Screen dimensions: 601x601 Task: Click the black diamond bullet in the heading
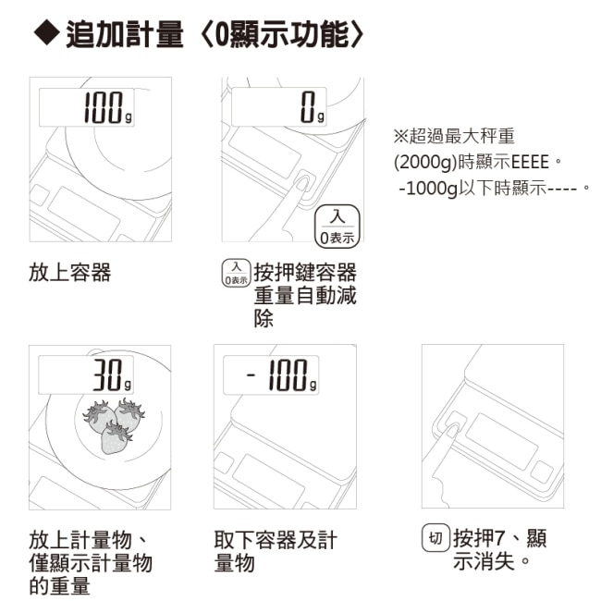pos(47,33)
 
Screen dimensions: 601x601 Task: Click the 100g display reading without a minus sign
pos(107,108)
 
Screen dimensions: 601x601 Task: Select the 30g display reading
pos(112,375)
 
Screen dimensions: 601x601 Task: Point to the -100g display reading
pos(282,375)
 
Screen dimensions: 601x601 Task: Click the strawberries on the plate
pos(114,426)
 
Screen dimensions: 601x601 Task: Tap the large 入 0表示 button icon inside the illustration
pos(337,227)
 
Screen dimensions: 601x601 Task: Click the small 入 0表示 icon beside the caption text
pos(236,273)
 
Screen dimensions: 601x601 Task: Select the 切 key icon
pos(435,538)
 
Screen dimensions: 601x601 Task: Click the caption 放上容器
pos(69,273)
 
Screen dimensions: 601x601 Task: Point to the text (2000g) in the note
pos(425,162)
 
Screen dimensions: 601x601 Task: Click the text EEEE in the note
pos(530,162)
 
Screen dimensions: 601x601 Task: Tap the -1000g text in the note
pos(428,189)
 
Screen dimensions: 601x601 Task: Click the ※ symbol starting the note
pos(401,136)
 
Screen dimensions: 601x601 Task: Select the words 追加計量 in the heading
pos(125,34)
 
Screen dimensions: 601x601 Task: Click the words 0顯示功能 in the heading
pos(282,34)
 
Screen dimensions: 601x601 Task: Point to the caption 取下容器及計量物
pos(276,551)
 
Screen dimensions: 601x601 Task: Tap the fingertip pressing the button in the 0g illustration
pos(303,181)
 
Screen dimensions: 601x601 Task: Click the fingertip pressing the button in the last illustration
pos(452,427)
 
